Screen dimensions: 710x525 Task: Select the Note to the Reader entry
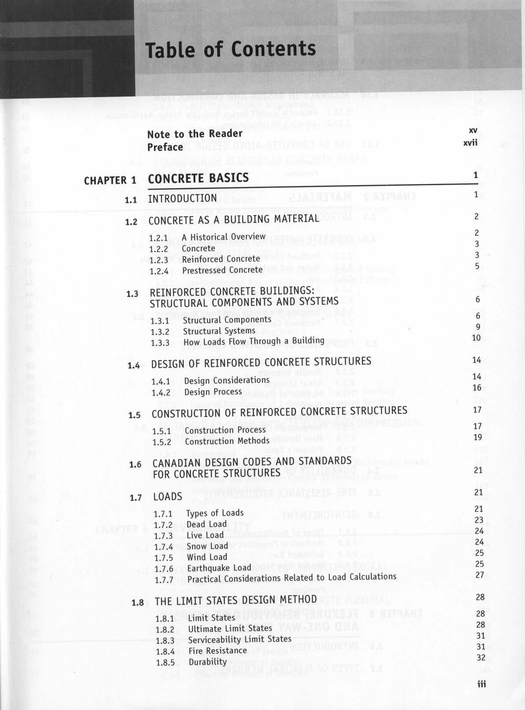click(195, 134)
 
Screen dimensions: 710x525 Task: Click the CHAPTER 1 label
click(110, 180)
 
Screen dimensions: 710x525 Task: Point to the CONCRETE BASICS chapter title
click(198, 179)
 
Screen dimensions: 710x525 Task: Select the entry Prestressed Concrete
click(222, 270)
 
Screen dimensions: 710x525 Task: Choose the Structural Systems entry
click(219, 331)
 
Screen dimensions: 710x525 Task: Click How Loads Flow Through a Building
click(253, 341)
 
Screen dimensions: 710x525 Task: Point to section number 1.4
click(134, 366)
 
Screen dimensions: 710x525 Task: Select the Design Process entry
click(213, 392)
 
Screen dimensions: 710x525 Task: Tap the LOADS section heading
click(168, 497)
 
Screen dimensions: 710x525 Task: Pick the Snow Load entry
click(207, 546)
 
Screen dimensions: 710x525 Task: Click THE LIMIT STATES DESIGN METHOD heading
click(235, 600)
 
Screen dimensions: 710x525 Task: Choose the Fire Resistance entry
click(218, 650)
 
